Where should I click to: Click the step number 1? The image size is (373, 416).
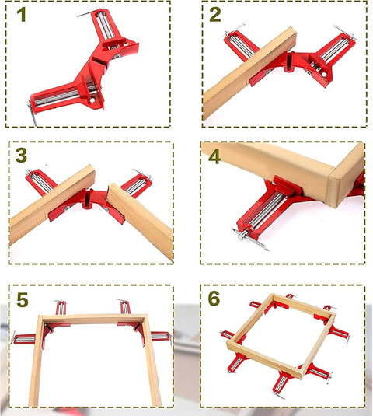21,14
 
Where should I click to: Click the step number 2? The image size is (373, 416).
215,15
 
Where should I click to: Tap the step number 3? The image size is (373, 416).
21,156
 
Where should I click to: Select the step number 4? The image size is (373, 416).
214,157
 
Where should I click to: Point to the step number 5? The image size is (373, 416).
23,300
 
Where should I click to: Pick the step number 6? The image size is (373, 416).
214,299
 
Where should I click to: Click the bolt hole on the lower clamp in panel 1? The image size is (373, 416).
92,100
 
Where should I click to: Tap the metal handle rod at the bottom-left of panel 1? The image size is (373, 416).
32,113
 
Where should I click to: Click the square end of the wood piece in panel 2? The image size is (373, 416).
291,38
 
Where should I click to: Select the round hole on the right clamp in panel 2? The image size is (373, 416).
324,74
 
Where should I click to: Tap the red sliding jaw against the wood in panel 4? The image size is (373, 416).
288,185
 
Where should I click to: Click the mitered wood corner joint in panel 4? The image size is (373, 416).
332,187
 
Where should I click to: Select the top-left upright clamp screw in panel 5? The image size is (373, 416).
61,307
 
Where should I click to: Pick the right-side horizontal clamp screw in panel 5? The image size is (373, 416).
161,337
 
